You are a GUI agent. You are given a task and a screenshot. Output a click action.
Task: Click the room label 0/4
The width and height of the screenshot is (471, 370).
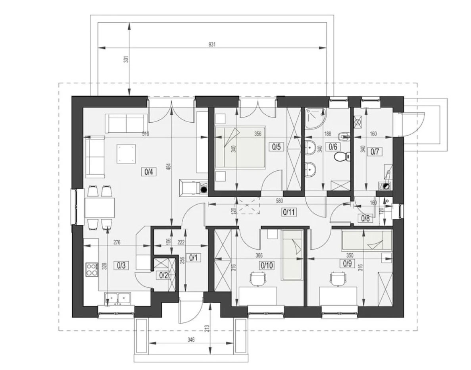pos(149,172)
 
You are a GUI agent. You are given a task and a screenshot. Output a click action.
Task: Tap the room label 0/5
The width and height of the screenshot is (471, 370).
pos(276,146)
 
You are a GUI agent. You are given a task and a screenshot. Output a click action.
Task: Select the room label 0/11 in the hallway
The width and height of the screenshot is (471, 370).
pos(288,212)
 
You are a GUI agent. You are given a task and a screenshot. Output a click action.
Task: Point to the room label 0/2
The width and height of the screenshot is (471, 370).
pos(163,275)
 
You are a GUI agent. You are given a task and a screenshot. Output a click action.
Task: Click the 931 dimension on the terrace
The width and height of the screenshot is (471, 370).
pos(212,44)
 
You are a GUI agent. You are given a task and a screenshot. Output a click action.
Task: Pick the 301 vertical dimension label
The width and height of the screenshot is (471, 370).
pos(127,59)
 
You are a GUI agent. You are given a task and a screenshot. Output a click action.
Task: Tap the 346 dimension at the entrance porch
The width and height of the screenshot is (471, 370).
pos(191,340)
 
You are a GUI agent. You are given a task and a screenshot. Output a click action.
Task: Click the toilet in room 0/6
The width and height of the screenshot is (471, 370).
pos(342,156)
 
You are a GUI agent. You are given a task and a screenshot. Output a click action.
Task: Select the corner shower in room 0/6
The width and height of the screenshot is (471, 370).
pos(315,118)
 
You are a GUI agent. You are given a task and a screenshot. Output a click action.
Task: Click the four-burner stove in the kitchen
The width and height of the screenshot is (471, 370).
pos(92,269)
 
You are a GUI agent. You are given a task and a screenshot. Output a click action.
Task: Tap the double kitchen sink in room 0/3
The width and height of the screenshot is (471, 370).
pos(117,298)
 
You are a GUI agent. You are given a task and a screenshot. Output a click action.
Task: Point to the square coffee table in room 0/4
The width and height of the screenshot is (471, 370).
pos(126,154)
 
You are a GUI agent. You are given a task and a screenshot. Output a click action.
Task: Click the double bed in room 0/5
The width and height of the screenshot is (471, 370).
pos(240,146)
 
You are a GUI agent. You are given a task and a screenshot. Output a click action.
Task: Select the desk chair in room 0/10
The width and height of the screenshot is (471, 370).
pos(258,279)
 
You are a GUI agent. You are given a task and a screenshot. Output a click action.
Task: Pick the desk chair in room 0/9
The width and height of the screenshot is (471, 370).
pos(338,279)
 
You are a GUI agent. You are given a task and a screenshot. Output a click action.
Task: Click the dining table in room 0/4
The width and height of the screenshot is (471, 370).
pos(100,207)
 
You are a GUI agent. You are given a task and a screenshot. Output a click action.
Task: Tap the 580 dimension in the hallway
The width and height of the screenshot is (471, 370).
pos(279,201)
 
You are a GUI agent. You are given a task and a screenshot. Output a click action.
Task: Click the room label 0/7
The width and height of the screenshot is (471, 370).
pos(375,152)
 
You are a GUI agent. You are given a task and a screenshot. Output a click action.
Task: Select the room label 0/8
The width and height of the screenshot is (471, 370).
pos(365,218)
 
